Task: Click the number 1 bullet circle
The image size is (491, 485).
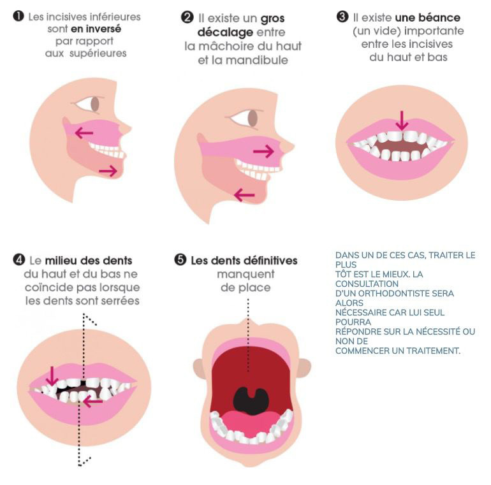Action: coord(18,17)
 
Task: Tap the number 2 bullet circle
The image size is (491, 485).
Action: coord(187,17)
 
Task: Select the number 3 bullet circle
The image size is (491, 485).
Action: coord(342,17)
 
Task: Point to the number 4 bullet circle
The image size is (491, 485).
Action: coord(18,260)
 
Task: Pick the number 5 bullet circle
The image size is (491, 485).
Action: coord(180,260)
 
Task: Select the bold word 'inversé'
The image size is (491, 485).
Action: coord(104,29)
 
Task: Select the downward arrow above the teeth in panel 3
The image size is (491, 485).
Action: coord(402,120)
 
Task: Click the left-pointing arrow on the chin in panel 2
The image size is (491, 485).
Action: coord(245,195)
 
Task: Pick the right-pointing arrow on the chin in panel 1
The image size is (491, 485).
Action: coord(108,171)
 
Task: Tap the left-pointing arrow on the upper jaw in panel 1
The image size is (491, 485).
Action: coord(84,133)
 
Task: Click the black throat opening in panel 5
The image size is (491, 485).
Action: coord(251,401)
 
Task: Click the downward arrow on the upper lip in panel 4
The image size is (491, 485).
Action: coord(52,377)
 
